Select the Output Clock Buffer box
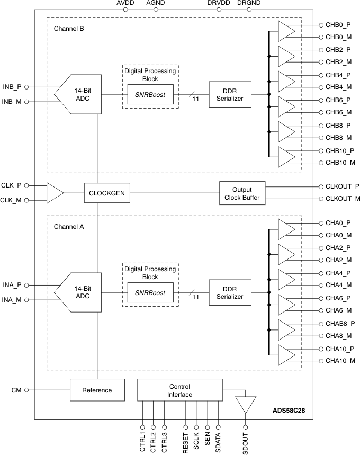point(242,193)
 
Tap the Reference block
point(97,390)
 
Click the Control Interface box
point(179,390)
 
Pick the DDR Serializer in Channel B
point(230,94)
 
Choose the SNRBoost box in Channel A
point(150,292)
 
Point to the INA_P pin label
point(12,285)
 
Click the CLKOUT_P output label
point(339,186)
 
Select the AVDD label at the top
point(125,4)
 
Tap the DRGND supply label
point(249,4)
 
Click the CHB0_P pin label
point(338,25)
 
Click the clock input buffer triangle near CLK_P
point(55,193)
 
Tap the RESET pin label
point(186,441)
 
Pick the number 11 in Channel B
point(196,99)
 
